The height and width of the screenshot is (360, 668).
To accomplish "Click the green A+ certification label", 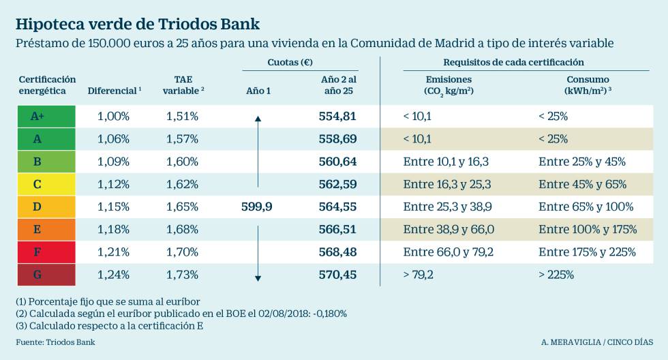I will (x=37, y=117).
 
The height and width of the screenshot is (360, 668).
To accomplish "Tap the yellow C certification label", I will (x=37, y=184).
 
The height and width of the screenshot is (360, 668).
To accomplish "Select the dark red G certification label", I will (x=37, y=275).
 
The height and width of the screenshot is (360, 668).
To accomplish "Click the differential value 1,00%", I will (x=113, y=117).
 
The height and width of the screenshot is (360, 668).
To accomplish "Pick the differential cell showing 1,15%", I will (x=113, y=207).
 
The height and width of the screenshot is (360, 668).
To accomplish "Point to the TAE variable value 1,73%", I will (x=182, y=275).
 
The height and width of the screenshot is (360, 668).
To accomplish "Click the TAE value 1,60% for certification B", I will (x=182, y=162).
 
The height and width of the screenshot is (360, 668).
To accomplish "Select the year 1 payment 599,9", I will (x=257, y=207).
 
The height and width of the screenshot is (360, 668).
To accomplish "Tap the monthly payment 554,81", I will (x=337, y=117).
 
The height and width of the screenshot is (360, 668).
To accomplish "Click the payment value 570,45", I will (x=337, y=275).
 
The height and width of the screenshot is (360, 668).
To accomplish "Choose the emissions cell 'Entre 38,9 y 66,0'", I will (x=449, y=230).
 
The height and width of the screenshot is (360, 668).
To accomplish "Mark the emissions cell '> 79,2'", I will (x=418, y=275).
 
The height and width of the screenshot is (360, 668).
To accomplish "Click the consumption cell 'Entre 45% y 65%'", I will (x=582, y=184).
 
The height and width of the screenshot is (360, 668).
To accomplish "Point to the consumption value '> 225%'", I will (x=556, y=275).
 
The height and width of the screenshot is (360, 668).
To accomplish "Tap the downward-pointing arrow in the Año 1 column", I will (x=258, y=252).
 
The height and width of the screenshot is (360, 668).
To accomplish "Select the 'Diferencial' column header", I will (x=113, y=91).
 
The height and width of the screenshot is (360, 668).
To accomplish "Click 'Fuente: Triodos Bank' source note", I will (x=56, y=342).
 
